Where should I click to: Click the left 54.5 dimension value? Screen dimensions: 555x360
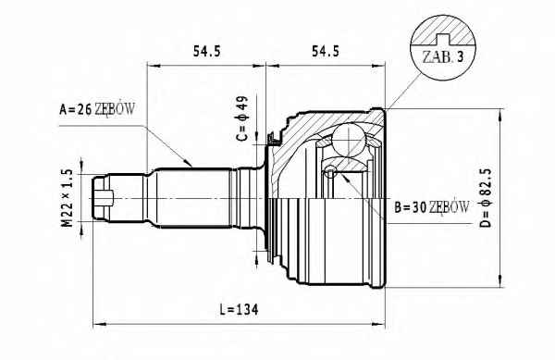[x=206, y=51]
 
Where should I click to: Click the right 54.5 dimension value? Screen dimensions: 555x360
[x=325, y=51]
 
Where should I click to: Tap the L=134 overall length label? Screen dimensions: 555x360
[x=239, y=310]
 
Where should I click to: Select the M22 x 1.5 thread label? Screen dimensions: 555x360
[x=68, y=198]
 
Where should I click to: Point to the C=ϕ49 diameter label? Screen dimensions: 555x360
[x=242, y=118]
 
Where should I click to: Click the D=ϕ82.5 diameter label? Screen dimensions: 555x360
[x=487, y=198]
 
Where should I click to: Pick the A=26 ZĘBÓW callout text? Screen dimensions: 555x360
[x=97, y=109]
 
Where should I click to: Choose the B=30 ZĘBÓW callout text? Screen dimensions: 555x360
[x=432, y=207]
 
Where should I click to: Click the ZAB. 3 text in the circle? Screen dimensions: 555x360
[x=443, y=57]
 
